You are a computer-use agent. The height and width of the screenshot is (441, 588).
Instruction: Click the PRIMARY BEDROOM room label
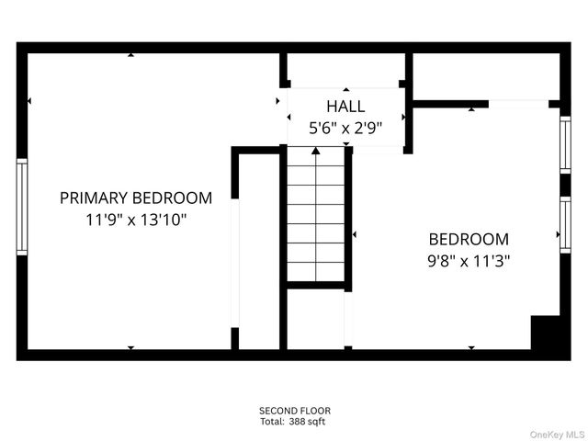pyautogui.click(x=136, y=198)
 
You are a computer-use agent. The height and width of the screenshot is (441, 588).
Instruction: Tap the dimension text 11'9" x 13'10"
pyautogui.click(x=136, y=220)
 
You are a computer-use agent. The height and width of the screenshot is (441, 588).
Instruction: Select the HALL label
pyautogui.click(x=345, y=106)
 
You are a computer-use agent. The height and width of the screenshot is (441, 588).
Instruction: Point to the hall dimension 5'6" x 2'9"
pyautogui.click(x=345, y=129)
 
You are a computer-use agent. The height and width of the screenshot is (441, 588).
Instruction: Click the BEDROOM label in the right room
pyautogui.click(x=469, y=238)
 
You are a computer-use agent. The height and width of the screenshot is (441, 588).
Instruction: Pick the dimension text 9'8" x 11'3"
pyautogui.click(x=469, y=260)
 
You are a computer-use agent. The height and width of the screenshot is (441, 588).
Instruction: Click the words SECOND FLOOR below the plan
pyautogui.click(x=294, y=411)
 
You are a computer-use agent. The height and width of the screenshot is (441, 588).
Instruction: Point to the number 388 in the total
pyautogui.click(x=301, y=422)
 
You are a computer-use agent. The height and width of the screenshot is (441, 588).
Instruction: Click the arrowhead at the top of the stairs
pyautogui.click(x=317, y=150)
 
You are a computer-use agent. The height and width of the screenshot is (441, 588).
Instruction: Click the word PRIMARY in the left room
pyautogui.click(x=94, y=198)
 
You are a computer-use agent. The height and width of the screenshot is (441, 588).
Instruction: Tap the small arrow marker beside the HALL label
pyautogui.click(x=280, y=103)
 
